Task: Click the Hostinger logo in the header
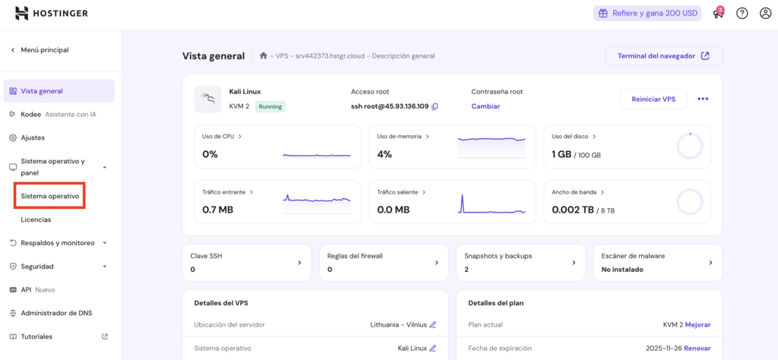click(51, 13)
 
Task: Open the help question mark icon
click(742, 13)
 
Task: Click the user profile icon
click(765, 13)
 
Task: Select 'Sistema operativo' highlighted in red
click(50, 196)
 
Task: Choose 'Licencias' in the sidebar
click(36, 219)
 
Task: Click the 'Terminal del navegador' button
click(663, 56)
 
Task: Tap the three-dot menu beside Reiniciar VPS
click(703, 99)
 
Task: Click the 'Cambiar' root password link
click(485, 106)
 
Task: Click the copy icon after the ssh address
click(435, 106)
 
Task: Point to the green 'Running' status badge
click(270, 106)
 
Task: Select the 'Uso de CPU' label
click(218, 137)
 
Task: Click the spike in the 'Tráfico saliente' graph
click(461, 203)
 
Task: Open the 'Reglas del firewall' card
click(384, 262)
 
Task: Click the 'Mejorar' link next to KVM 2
click(697, 324)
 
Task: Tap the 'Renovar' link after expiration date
click(697, 348)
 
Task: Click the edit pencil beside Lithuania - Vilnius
click(433, 324)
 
